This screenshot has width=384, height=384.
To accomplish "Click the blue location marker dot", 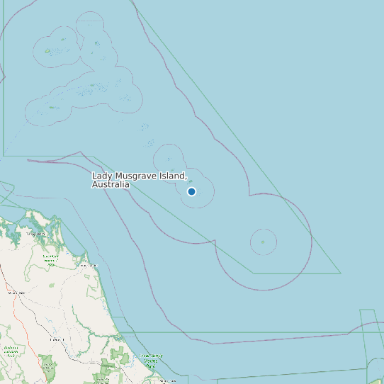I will pyautogui.click(x=191, y=191).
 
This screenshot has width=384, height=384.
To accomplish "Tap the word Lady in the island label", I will pyautogui.click(x=102, y=175).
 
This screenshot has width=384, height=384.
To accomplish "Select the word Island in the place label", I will pyautogui.click(x=172, y=175).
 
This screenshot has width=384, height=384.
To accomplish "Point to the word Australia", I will pyautogui.click(x=111, y=184).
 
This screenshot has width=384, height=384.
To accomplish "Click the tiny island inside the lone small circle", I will pyautogui.click(x=263, y=242).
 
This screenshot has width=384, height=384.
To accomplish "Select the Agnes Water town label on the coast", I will pyautogui.click(x=85, y=265).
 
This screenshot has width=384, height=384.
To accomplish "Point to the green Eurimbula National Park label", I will pyautogui.click(x=50, y=260).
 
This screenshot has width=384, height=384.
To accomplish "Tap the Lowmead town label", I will pyautogui.click(x=57, y=339).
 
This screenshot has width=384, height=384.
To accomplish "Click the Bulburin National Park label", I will pyautogui.click(x=10, y=349).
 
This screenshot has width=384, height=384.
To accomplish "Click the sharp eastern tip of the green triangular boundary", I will pyautogui.click(x=341, y=273).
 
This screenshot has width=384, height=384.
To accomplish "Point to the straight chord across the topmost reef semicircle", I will pyautogui.click(x=90, y=21).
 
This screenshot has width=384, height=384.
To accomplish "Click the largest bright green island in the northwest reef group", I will pyautogui.click(x=47, y=51).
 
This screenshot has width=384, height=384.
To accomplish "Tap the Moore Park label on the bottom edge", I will pyautogui.click(x=167, y=380).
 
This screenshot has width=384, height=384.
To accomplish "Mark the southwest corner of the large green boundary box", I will pyautogui.click(x=4, y=155).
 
